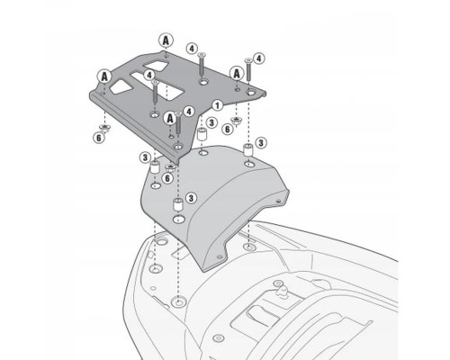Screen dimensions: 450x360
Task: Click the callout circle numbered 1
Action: (217, 105)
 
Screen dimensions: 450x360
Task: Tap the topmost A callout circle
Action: (166, 40)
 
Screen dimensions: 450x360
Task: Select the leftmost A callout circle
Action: (104, 76)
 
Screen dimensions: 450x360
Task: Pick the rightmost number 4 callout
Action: (259, 58)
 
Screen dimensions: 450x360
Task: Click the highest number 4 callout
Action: (192, 49)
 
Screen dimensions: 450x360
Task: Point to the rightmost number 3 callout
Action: (261, 143)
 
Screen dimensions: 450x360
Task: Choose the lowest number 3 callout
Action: (191, 198)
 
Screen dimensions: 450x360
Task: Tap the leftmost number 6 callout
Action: (99, 138)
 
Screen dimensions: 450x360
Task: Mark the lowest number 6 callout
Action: (167, 178)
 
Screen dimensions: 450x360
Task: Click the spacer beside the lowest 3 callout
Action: (178, 204)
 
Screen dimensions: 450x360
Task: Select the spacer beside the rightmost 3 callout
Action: (247, 149)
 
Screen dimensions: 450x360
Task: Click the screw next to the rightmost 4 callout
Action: (248, 69)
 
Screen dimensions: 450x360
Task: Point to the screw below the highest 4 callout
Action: (202, 64)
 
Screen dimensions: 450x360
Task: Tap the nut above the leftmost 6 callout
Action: (105, 127)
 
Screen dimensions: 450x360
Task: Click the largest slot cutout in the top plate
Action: (157, 85)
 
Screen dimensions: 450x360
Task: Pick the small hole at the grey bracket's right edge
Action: (279, 201)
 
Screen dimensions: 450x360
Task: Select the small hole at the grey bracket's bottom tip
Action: (220, 256)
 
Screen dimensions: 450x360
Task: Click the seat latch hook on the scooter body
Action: (282, 291)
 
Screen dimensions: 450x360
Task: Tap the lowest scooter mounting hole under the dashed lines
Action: (179, 301)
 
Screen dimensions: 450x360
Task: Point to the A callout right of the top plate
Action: (237, 74)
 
